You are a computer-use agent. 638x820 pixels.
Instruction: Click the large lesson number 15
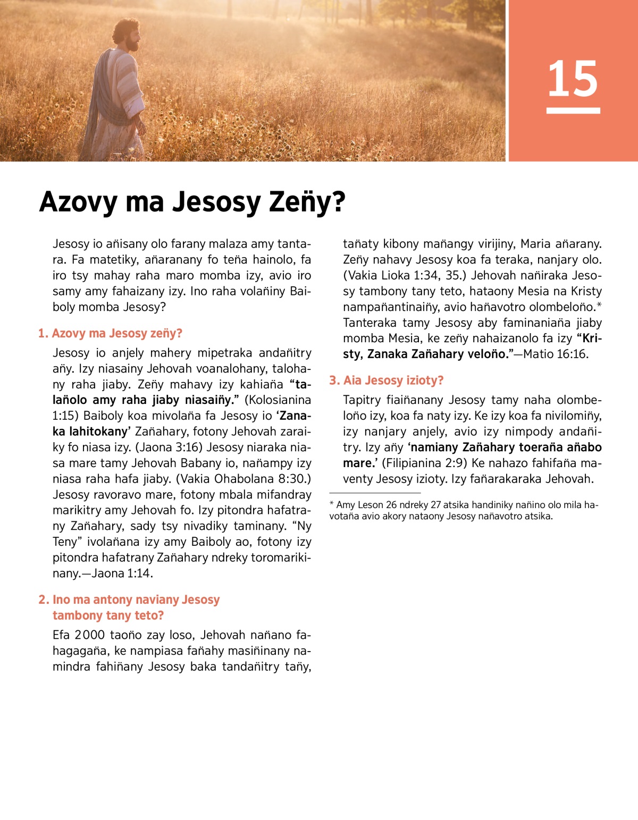tap(573, 79)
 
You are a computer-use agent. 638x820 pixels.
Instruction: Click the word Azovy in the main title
tap(78, 202)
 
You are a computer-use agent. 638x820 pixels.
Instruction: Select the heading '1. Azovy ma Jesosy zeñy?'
tap(110, 333)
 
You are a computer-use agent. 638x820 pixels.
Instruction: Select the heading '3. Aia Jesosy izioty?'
tap(386, 381)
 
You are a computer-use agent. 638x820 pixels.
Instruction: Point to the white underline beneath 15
tap(573, 111)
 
